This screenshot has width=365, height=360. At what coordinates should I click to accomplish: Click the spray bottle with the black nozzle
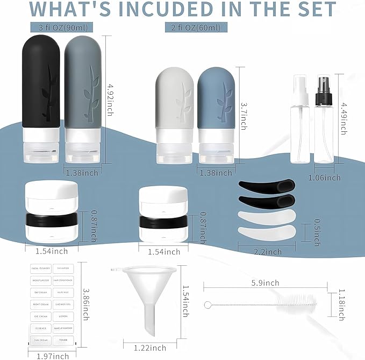pos(323,124)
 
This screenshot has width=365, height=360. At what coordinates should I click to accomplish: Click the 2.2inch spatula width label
pos(267,252)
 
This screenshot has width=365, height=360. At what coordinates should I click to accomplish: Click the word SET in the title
pos(312,10)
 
